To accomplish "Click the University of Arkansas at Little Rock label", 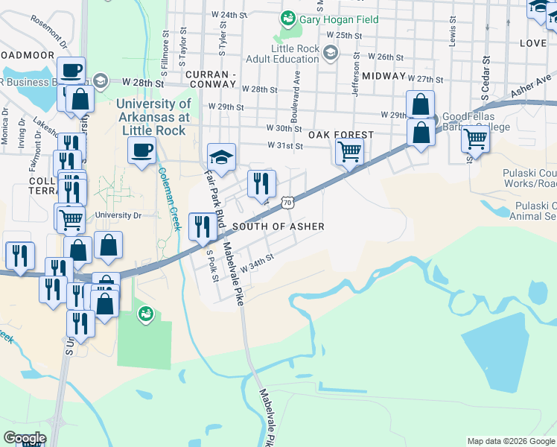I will (153, 117).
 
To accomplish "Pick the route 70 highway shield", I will (288, 201).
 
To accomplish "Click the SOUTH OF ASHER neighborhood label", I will (278, 226).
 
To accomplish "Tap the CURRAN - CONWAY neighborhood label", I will (211, 81).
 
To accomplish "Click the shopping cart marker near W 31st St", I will (348, 151).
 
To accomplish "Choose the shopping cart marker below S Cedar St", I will (474, 139).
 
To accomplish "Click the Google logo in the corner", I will (25, 438).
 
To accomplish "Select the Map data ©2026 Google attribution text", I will (510, 441).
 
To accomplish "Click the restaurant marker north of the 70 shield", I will (261, 184).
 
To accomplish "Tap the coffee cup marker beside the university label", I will (141, 151).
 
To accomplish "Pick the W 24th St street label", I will (229, 15).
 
